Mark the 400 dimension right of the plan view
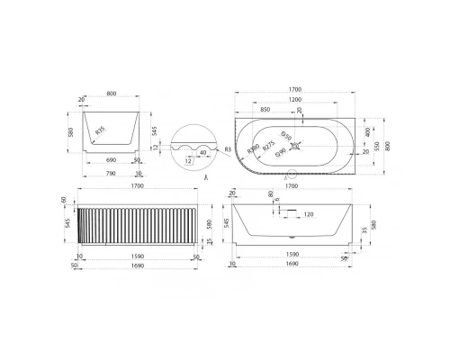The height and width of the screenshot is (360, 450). pos(367,131)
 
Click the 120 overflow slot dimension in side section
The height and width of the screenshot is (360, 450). pos(310,215)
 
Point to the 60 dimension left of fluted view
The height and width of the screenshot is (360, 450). pos(64,201)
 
